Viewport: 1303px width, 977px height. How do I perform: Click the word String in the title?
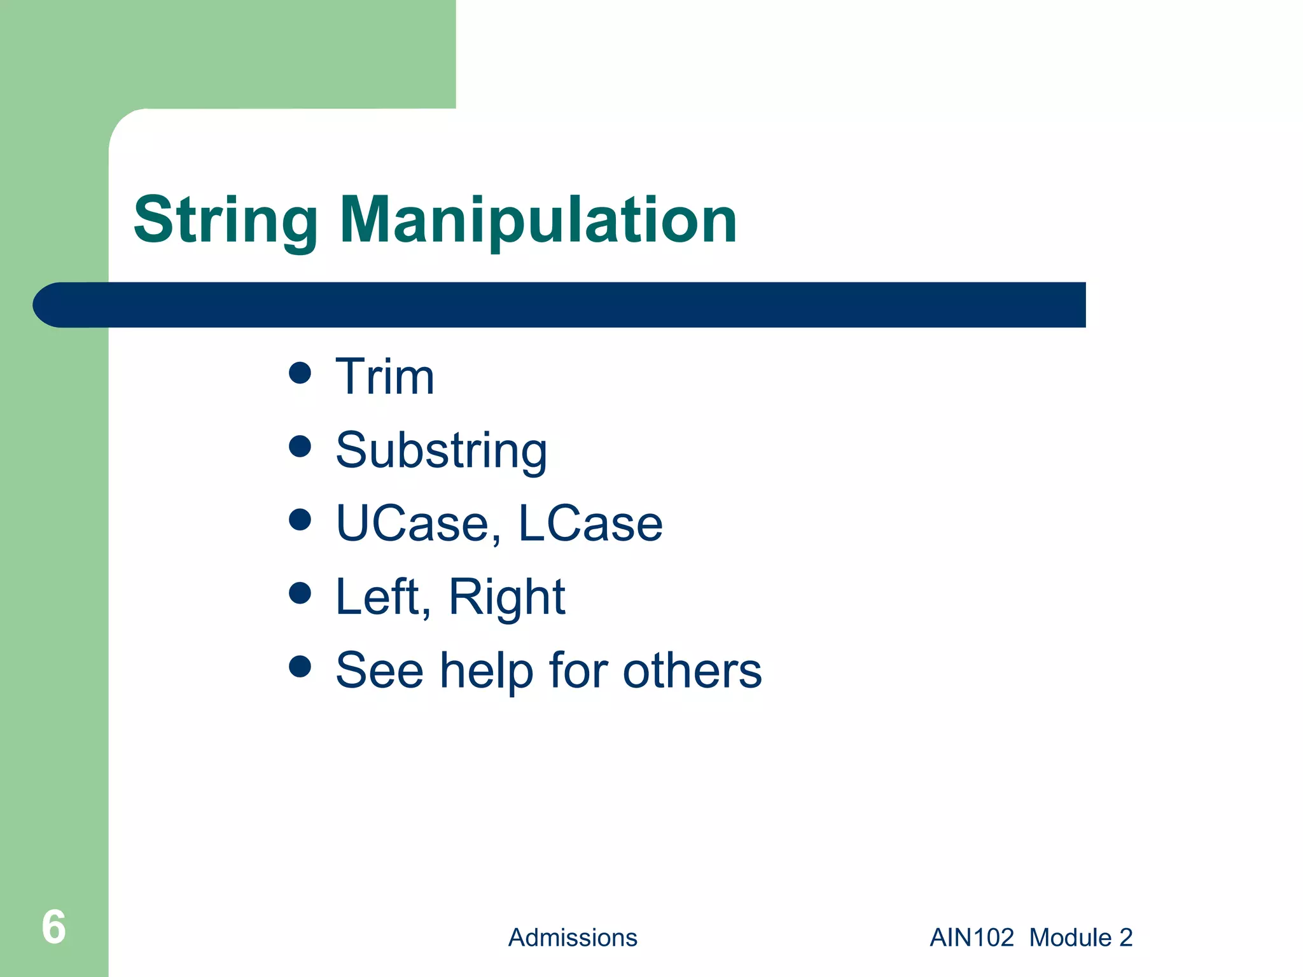click(x=225, y=220)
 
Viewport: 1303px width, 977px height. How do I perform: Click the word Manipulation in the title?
click(x=538, y=220)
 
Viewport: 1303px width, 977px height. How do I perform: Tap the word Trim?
click(x=385, y=377)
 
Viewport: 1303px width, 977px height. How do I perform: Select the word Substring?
click(x=441, y=450)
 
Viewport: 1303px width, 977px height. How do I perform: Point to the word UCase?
click(x=412, y=523)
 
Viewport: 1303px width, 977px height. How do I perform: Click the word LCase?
click(x=590, y=523)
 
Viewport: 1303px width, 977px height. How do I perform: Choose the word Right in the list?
click(x=506, y=598)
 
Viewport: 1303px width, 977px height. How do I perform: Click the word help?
click(x=487, y=670)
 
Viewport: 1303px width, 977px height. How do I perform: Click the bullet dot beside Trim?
click(x=300, y=373)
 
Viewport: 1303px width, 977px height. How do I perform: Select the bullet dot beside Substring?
click(x=300, y=446)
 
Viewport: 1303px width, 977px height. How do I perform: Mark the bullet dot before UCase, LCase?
click(x=300, y=520)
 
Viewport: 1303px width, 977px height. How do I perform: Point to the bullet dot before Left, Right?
click(x=300, y=593)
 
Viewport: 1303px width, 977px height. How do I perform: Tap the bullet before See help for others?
click(x=300, y=667)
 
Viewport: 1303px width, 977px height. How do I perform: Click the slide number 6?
click(x=53, y=927)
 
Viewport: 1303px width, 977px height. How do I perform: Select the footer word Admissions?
click(x=573, y=938)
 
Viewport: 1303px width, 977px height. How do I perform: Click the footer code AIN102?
click(x=972, y=938)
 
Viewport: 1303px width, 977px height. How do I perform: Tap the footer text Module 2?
click(x=1081, y=938)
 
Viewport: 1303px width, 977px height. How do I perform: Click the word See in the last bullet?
click(x=379, y=670)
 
